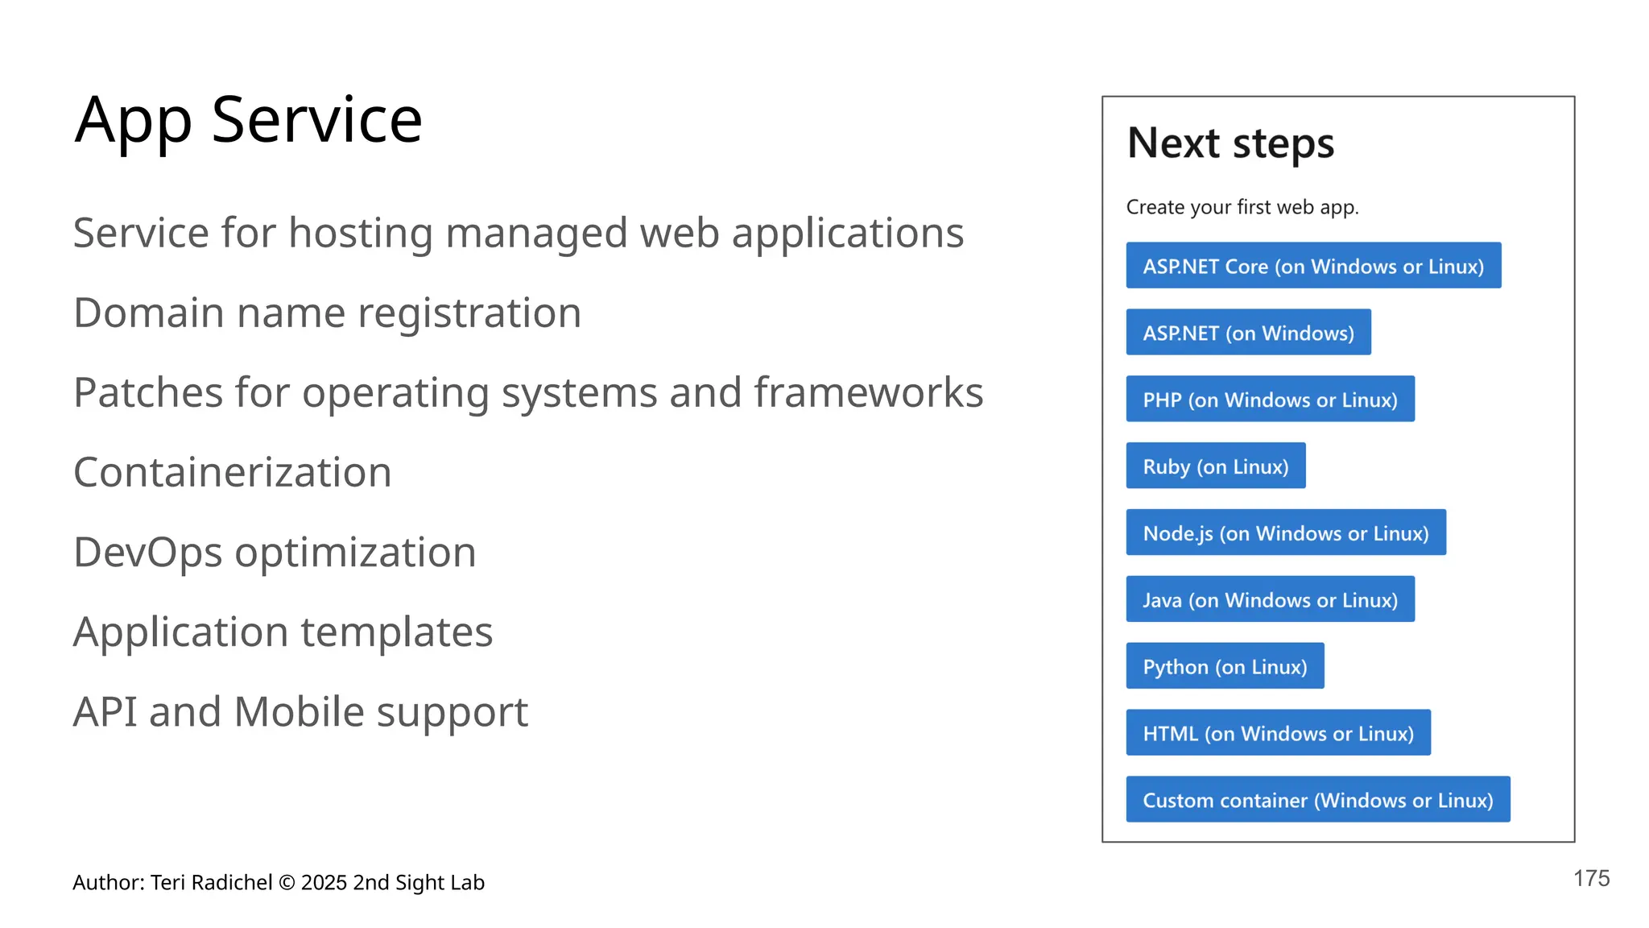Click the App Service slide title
point(248,121)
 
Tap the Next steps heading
point(1230,143)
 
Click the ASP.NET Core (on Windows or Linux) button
point(1313,266)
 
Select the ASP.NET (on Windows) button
point(1248,333)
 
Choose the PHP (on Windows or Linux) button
point(1270,400)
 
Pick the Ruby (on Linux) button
point(1215,466)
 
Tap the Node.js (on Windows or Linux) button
point(1285,533)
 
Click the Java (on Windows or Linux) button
point(1270,600)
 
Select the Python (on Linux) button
point(1225,667)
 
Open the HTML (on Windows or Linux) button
point(1278,733)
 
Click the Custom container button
point(1317,800)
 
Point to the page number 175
point(1591,879)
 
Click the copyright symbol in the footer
point(287,883)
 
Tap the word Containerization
point(232,472)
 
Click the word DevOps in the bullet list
point(147,553)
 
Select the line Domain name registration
point(327,313)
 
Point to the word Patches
point(147,393)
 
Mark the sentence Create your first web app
point(1242,208)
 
